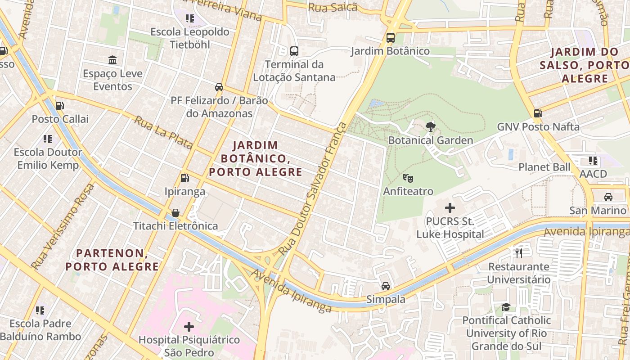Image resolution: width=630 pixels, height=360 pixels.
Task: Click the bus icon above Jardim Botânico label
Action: pos(391,38)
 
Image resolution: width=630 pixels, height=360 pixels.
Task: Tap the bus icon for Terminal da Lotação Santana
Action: pos(294,51)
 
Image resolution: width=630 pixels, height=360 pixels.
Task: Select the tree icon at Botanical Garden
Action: pos(431,127)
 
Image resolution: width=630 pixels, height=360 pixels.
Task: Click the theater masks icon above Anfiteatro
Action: pos(408,178)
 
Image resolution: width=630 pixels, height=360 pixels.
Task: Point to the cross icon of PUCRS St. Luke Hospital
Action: pos(450,208)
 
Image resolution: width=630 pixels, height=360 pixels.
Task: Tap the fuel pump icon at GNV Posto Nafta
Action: pos(538,113)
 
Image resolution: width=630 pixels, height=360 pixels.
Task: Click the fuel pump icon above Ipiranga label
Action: pos(184,178)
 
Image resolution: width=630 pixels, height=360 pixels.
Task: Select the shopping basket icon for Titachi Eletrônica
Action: pos(175,212)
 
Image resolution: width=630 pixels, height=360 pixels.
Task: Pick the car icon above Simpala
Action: pos(386,286)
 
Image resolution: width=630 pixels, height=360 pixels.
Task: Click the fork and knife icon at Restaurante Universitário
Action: pos(519,253)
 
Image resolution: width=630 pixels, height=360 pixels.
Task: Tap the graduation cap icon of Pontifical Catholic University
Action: pos(506,307)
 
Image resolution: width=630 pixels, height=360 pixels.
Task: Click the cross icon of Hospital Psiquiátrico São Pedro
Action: pos(189,326)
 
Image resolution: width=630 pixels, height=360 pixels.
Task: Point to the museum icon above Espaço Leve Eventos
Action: pos(112,60)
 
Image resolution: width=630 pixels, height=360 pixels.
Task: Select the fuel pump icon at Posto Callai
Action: pos(59,106)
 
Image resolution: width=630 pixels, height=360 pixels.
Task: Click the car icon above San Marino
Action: pos(608,197)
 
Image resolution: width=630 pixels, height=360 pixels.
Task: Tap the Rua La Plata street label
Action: pos(164,133)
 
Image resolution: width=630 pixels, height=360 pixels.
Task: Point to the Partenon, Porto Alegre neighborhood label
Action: pos(112,260)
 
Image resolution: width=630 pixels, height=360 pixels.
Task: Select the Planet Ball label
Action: pos(544,167)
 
